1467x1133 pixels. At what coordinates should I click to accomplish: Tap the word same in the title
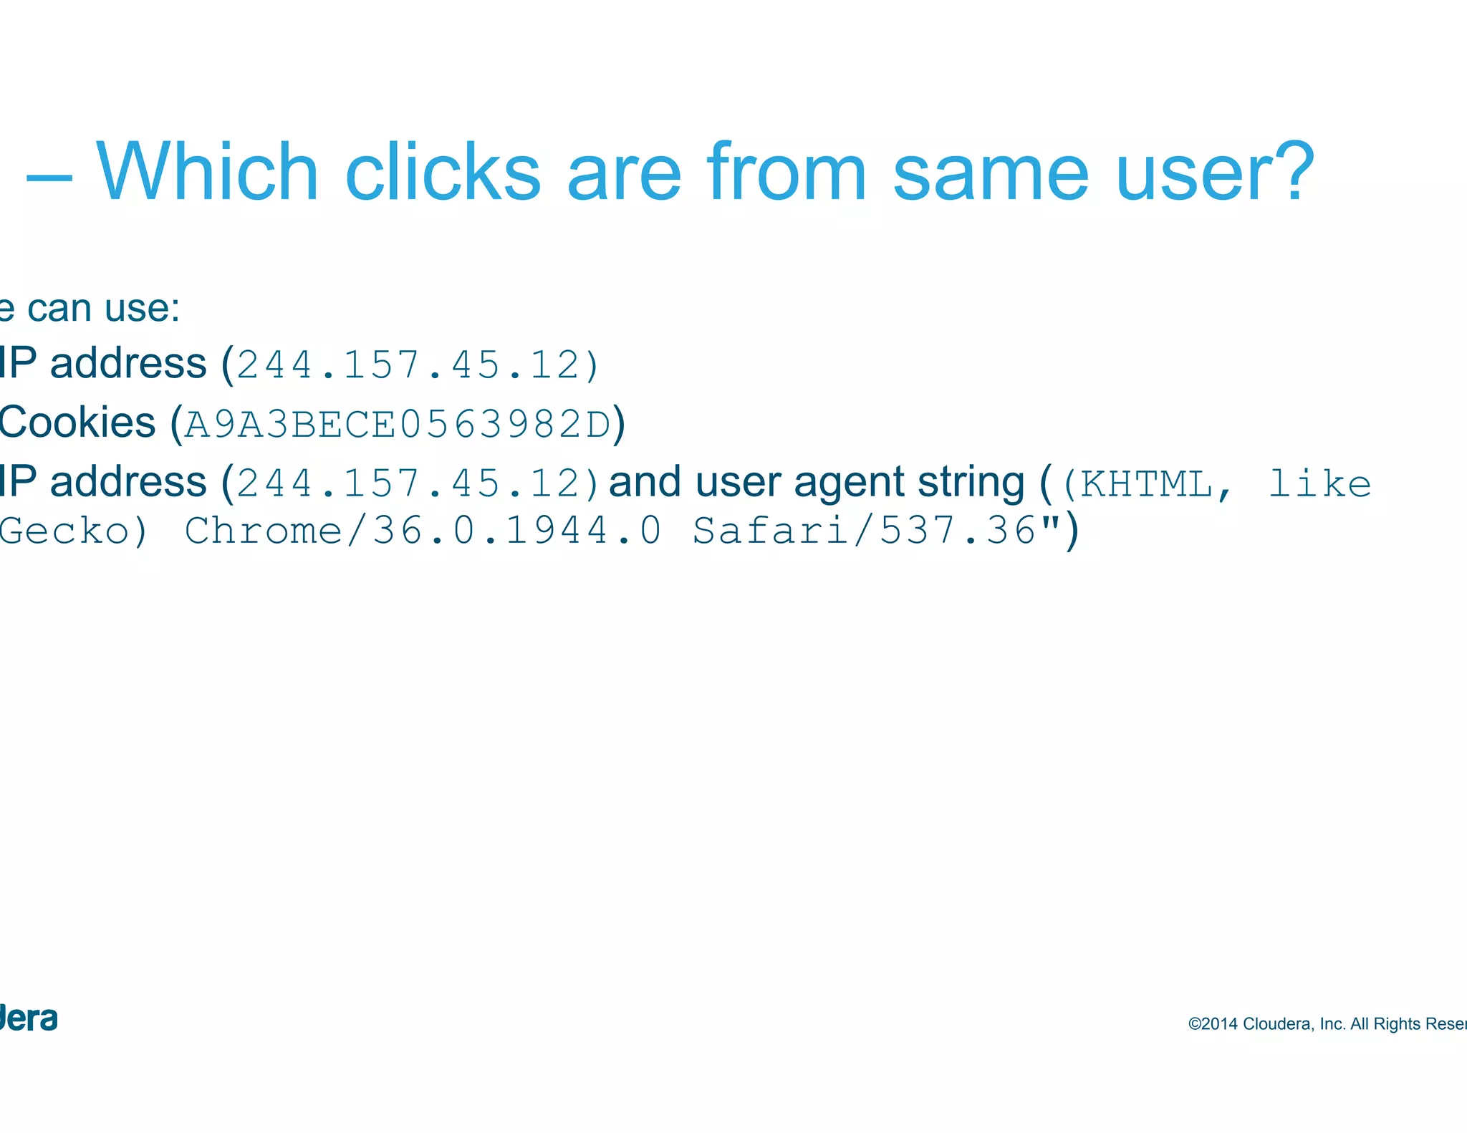[x=991, y=173]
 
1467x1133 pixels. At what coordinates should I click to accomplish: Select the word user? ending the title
[x=1215, y=173]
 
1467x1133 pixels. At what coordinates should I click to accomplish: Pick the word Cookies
[x=77, y=422]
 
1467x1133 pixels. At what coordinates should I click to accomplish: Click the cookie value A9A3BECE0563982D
[x=398, y=424]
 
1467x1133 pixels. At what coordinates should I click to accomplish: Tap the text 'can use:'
[x=103, y=309]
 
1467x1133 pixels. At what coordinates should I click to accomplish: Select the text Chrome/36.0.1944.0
[x=423, y=531]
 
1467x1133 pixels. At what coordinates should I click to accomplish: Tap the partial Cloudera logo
[x=29, y=1018]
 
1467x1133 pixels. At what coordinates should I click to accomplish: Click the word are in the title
[x=623, y=173]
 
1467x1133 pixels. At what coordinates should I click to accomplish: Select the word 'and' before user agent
[x=644, y=482]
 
